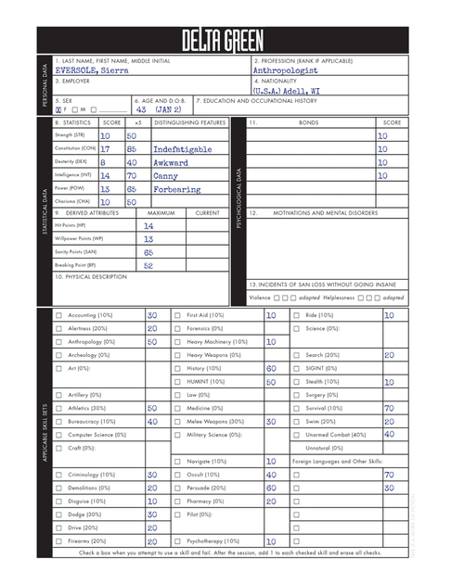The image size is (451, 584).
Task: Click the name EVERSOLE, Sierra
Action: [90, 70]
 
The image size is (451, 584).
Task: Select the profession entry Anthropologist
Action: [286, 70]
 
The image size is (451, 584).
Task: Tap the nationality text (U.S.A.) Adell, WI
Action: [288, 92]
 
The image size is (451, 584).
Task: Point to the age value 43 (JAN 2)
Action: [159, 109]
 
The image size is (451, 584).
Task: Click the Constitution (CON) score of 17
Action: [105, 148]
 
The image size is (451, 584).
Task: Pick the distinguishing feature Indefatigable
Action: [182, 148]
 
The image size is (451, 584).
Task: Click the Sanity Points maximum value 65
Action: [148, 251]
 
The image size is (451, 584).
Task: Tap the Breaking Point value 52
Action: [148, 265]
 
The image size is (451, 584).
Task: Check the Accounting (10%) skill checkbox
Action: [59, 315]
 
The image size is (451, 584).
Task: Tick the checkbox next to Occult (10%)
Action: [178, 475]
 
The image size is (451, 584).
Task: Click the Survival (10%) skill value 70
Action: [390, 408]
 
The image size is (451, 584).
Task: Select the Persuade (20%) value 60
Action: [271, 488]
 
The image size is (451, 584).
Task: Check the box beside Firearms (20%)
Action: [59, 541]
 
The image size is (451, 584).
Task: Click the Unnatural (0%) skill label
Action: [324, 448]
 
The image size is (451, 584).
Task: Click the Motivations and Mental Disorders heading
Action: [327, 212]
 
